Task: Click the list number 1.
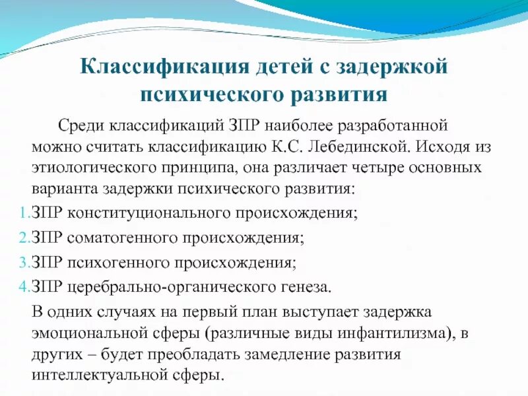tap(20, 214)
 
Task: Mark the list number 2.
tap(20, 238)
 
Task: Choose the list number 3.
tap(20, 262)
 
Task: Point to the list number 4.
tap(20, 286)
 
